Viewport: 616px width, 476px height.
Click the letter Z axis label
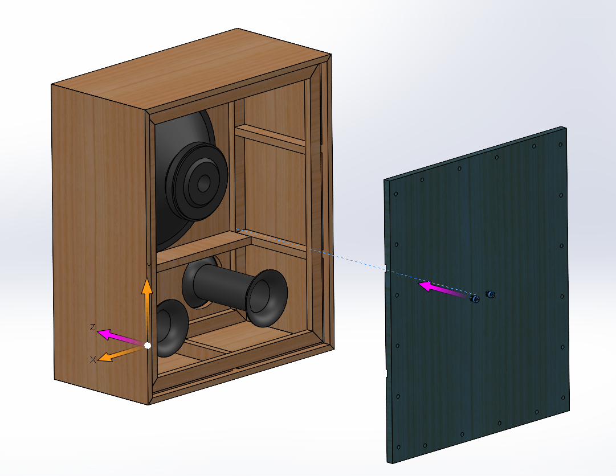coord(93,327)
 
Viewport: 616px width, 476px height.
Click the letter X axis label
coord(93,359)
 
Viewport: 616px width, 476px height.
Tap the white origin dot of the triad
coord(148,345)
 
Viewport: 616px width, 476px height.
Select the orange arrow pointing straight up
coord(147,310)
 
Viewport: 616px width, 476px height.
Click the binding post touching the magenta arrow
coord(475,299)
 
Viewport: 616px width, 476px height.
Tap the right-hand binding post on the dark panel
coord(489,294)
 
